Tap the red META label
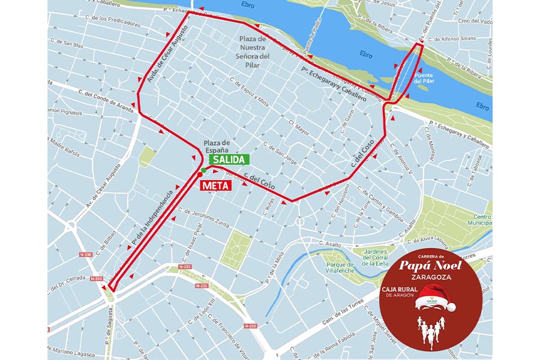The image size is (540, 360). click(216, 185)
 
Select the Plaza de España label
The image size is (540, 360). click(217, 146)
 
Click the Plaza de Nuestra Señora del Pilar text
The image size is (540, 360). click(254, 51)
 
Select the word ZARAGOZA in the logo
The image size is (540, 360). click(429, 278)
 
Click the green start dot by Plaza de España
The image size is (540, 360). click(203, 171)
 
